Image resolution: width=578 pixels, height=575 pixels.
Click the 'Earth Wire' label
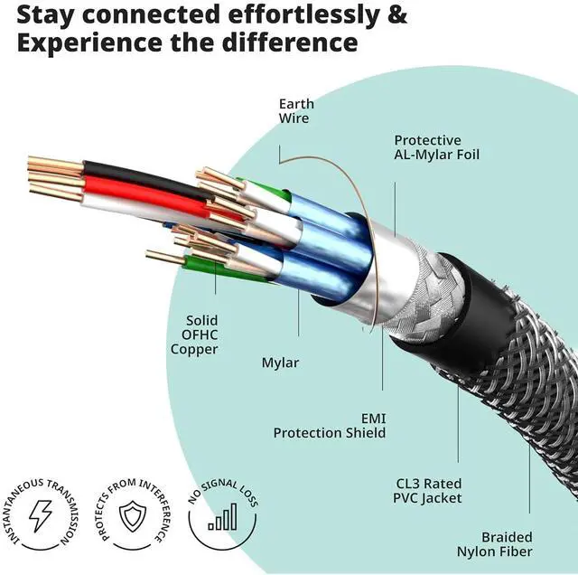click(294, 110)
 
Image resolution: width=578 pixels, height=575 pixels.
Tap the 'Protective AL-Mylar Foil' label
click(436, 147)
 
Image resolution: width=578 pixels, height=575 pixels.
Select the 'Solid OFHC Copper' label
click(201, 335)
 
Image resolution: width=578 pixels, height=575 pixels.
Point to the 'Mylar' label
click(280, 363)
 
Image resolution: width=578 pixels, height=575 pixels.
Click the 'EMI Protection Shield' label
click(331, 426)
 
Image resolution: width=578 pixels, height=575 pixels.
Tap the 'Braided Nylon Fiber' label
click(507, 544)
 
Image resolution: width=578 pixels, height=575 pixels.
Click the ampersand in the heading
click(396, 15)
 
